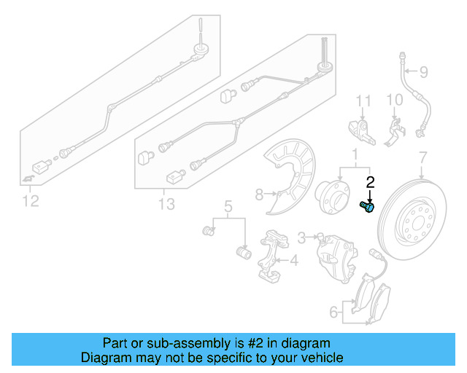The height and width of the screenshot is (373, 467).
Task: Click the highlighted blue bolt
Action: click(x=367, y=207)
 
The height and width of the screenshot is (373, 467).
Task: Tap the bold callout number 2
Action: click(x=370, y=183)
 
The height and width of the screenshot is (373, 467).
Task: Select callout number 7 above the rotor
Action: click(x=422, y=157)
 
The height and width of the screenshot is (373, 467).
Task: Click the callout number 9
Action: click(x=423, y=71)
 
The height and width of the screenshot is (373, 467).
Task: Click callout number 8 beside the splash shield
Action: click(x=258, y=194)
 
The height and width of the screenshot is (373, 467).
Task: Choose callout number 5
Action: click(x=228, y=207)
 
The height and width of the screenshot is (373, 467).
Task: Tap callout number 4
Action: click(x=293, y=260)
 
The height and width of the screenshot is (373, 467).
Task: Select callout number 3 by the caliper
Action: click(x=301, y=237)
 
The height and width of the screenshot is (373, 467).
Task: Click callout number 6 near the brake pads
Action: click(x=333, y=313)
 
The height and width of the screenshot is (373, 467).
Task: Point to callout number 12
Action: click(x=29, y=200)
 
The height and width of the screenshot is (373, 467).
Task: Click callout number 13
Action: click(x=166, y=205)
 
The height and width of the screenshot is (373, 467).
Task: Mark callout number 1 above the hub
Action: click(x=355, y=155)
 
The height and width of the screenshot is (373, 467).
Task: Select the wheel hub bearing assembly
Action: click(x=332, y=199)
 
